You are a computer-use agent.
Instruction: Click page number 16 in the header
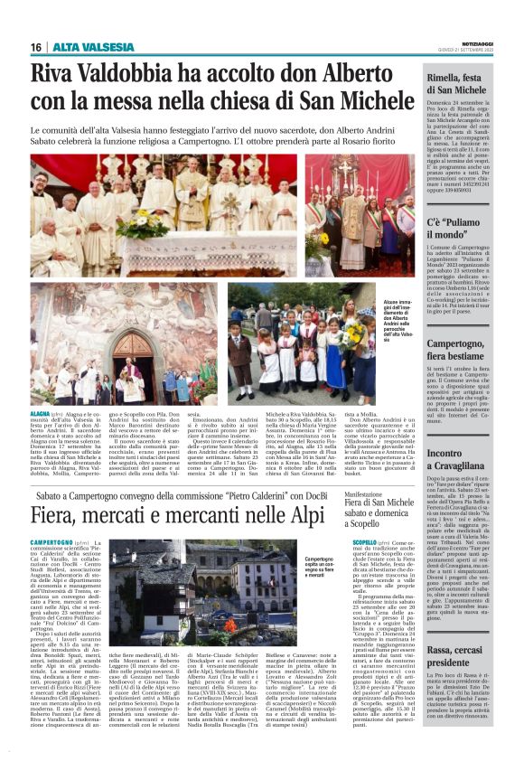pos(36,47)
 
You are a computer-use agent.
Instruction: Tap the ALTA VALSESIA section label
pos(83,47)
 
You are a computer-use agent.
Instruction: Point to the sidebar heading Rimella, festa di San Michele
pos(460,85)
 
